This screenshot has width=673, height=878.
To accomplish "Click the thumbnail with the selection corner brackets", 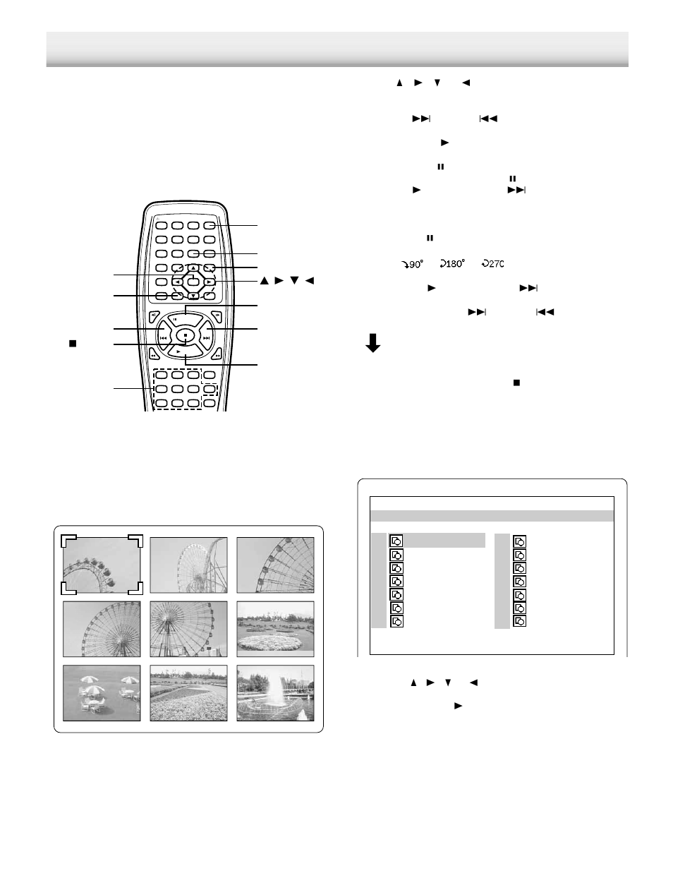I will point(102,565).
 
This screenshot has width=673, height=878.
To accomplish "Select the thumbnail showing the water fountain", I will point(275,692).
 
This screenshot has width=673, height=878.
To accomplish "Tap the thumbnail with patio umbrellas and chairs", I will point(102,692).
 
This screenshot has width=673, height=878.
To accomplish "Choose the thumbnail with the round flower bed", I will point(275,628).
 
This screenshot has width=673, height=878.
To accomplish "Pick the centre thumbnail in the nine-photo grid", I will point(188,628).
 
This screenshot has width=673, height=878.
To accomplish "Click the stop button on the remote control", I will point(185,335).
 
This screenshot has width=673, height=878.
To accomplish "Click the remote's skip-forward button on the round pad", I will point(206,338).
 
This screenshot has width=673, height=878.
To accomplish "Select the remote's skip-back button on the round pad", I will point(164,338).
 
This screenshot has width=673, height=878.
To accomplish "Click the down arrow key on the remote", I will point(193,295).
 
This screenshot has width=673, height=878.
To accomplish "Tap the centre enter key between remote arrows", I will point(193,282).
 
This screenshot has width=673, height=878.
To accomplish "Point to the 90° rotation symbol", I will point(410,264).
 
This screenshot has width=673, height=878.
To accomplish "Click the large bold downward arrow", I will point(374,342).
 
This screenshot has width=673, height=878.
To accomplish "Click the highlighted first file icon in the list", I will point(396,541).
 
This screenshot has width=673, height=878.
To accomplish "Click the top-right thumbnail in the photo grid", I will point(275,565).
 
